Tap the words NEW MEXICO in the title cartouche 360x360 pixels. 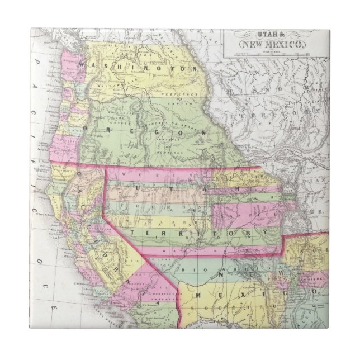(272, 44)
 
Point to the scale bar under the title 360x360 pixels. (274, 54)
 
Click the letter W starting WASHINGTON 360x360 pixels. (84, 66)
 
